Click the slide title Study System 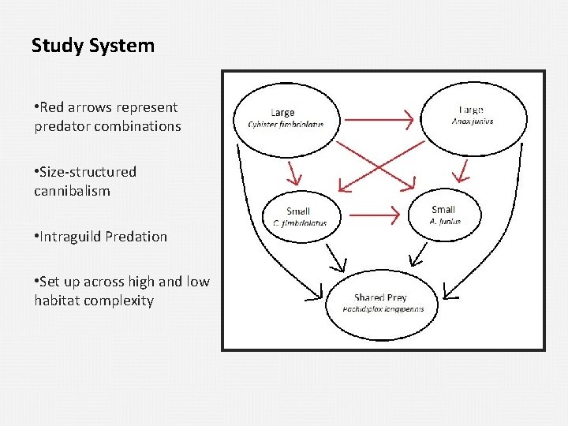pos(93,46)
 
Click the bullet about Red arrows pos(107,117)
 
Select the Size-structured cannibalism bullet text pos(85,181)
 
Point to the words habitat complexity pos(94,301)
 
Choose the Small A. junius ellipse pos(444,215)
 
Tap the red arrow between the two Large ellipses pos(379,120)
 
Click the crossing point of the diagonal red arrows pos(377,167)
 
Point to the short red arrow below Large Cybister pos(293,171)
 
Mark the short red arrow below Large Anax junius pos(465,169)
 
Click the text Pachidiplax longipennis pos(383,309)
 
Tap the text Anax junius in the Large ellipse pos(473,121)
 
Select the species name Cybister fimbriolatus pos(285,125)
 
